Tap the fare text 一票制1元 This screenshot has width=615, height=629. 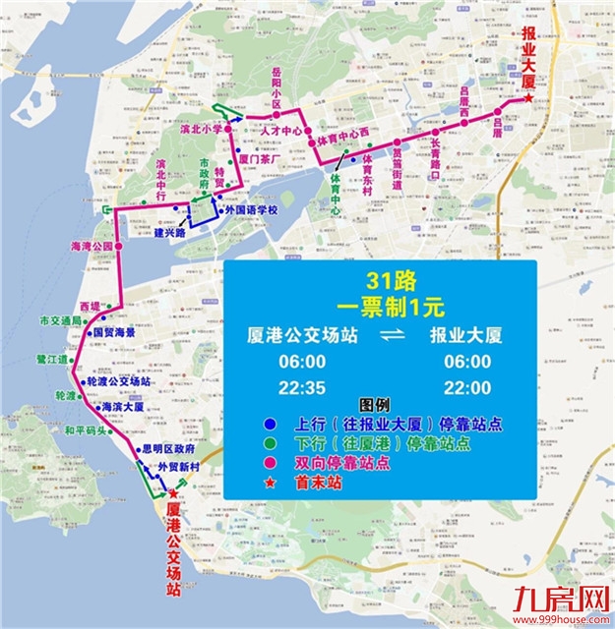click(379, 305)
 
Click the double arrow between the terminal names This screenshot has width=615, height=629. click(379, 337)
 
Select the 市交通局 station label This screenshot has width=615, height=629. click(60, 321)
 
